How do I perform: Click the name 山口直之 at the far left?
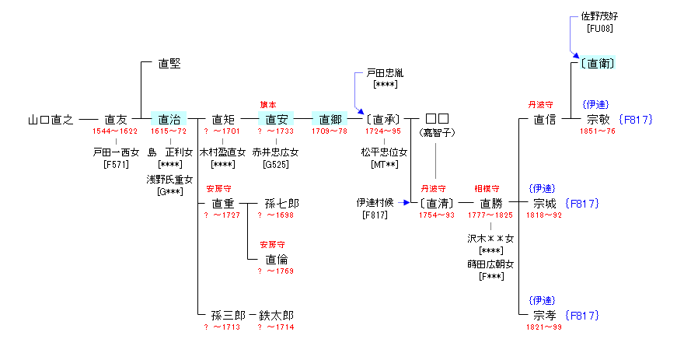[x=51, y=120]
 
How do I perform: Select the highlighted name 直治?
[x=169, y=120]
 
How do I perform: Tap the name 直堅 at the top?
[x=169, y=64]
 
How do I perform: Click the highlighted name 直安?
[x=276, y=120]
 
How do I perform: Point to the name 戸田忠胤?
[x=385, y=73]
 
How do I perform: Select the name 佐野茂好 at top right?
[x=599, y=17]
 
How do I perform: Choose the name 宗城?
[x=544, y=204]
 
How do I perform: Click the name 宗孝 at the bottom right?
[x=544, y=316]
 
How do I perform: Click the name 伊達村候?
[x=375, y=204]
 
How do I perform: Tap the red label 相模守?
[x=487, y=189]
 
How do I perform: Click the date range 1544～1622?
[x=114, y=131]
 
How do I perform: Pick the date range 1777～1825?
[x=490, y=215]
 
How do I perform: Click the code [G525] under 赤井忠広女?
[x=274, y=165]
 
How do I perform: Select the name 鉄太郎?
[x=276, y=316]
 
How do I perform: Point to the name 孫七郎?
[x=281, y=204]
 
